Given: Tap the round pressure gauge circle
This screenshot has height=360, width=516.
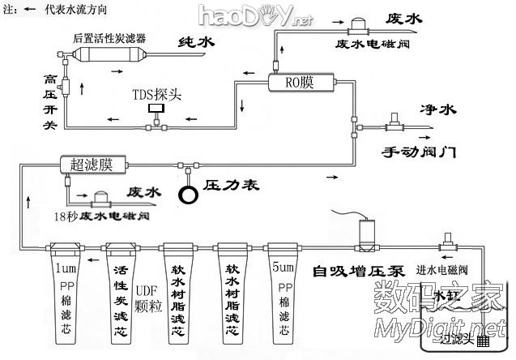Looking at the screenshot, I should (x=190, y=195).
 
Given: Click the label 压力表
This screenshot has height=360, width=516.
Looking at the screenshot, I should (x=230, y=186).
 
